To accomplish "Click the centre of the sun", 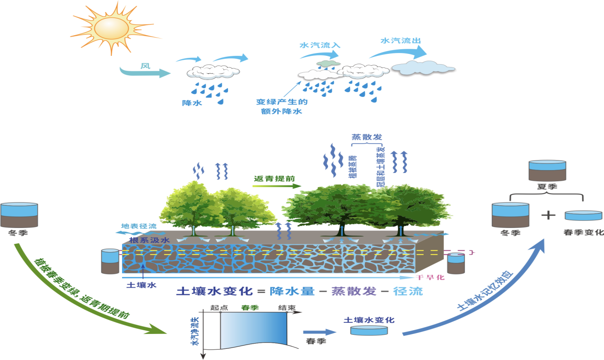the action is [111, 28].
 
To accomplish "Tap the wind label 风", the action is [145, 66].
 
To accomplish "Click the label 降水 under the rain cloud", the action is [192, 103].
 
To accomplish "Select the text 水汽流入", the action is [320, 45].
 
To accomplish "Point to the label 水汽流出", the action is [401, 41].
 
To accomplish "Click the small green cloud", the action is [328, 63].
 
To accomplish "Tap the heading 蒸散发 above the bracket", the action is [367, 137].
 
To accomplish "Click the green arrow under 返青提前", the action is [277, 186].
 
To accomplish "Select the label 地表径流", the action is [139, 226].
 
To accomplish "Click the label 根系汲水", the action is [149, 240].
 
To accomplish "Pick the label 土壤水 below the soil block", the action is [141, 285].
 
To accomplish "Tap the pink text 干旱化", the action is [430, 277].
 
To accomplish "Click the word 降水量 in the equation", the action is [292, 291].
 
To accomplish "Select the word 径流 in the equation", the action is [408, 291].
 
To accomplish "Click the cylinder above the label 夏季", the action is [547, 170].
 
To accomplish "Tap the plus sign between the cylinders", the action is [549, 215].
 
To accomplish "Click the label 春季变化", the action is [583, 233].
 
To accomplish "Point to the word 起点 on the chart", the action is [219, 308].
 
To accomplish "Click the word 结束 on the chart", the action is [287, 308].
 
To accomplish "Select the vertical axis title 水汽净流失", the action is [195, 331].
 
